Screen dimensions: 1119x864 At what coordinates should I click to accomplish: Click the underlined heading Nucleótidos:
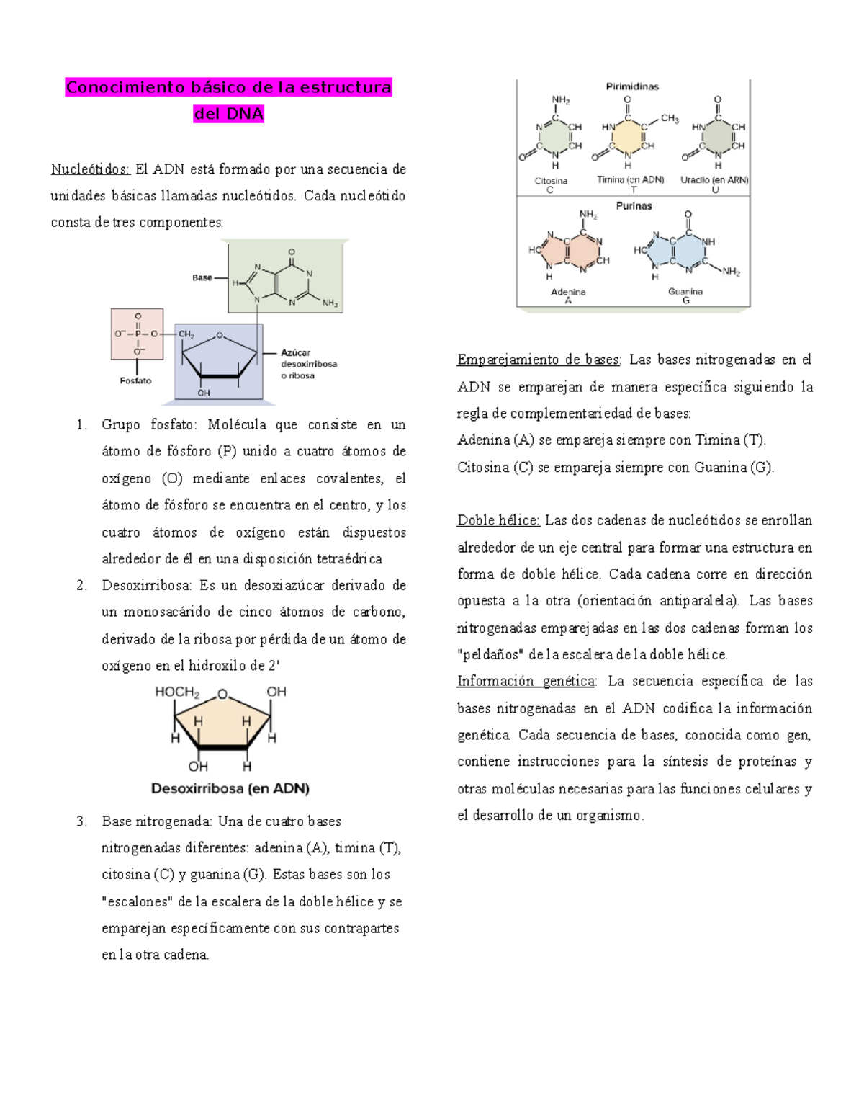(x=90, y=169)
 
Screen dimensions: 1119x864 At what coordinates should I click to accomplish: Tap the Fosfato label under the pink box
(x=135, y=380)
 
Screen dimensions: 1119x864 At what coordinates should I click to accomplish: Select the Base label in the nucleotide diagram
(x=202, y=277)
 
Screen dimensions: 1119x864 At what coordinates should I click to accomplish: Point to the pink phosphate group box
(x=137, y=334)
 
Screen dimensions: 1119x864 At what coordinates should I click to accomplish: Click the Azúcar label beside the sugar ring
(x=295, y=352)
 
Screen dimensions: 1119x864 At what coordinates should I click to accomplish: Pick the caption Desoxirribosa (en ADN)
(x=230, y=788)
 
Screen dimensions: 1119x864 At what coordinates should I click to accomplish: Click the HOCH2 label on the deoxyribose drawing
(x=177, y=692)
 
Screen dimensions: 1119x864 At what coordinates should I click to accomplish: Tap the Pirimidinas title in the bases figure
(x=631, y=86)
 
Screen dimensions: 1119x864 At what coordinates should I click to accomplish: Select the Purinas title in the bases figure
(x=634, y=206)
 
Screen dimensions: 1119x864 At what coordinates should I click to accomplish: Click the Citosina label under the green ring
(x=551, y=181)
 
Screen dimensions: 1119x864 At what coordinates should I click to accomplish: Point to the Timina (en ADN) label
(x=630, y=180)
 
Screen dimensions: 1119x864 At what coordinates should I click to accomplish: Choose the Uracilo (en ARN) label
(x=714, y=180)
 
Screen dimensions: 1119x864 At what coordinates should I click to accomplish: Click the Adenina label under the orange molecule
(x=568, y=292)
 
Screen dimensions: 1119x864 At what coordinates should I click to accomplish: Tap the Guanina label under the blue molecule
(x=685, y=292)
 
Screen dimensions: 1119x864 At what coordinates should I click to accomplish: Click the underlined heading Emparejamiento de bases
(x=538, y=360)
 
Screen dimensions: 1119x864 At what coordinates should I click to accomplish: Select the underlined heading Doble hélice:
(x=498, y=520)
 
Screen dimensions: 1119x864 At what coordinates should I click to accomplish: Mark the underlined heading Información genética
(x=526, y=681)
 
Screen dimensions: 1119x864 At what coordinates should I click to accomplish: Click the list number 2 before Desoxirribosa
(x=81, y=586)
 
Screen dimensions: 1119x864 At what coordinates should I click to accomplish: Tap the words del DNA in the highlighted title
(x=229, y=114)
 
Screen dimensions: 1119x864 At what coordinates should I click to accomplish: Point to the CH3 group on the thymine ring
(x=670, y=119)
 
